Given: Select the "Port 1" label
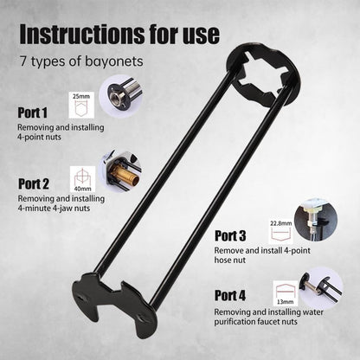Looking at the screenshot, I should [34, 112].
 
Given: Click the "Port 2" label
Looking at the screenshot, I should [34, 183].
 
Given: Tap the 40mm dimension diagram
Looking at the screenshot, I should [83, 177].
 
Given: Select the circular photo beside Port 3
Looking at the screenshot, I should [316, 220].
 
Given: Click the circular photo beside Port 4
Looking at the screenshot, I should [321, 285].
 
